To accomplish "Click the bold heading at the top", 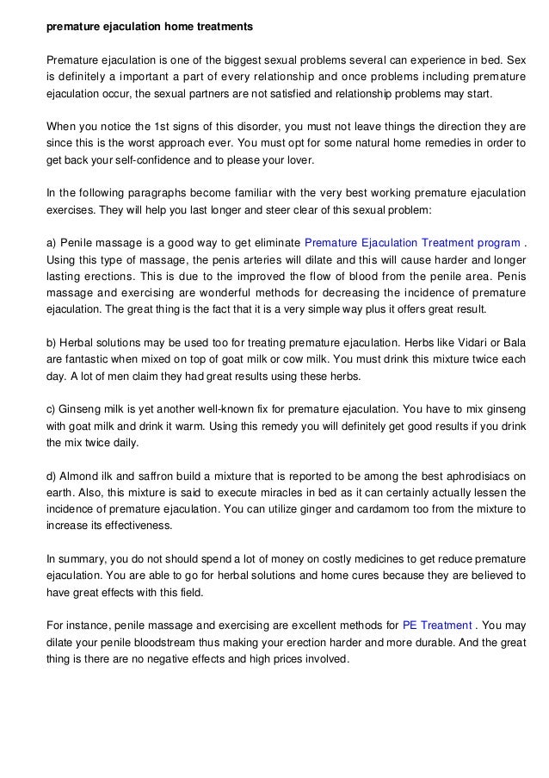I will pos(150,27).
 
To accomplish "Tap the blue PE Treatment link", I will pos(437,625).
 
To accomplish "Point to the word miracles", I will pos(247,492).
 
